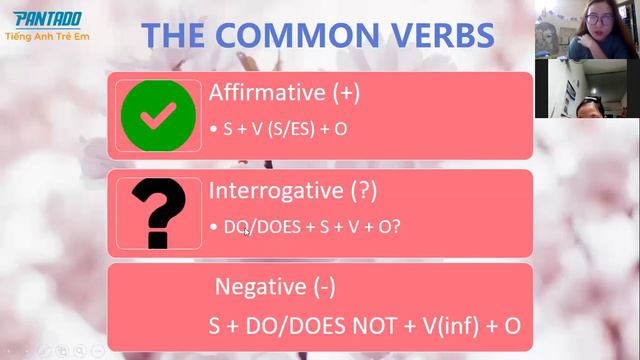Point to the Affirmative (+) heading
pyautogui.click(x=284, y=93)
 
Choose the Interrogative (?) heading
pyautogui.click(x=293, y=190)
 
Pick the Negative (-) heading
pyautogui.click(x=276, y=288)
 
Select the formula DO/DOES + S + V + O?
pyautogui.click(x=312, y=227)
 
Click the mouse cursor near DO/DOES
pyautogui.click(x=247, y=232)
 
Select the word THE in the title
pyautogui.click(x=177, y=36)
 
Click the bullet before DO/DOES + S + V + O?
pyautogui.click(x=214, y=228)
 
